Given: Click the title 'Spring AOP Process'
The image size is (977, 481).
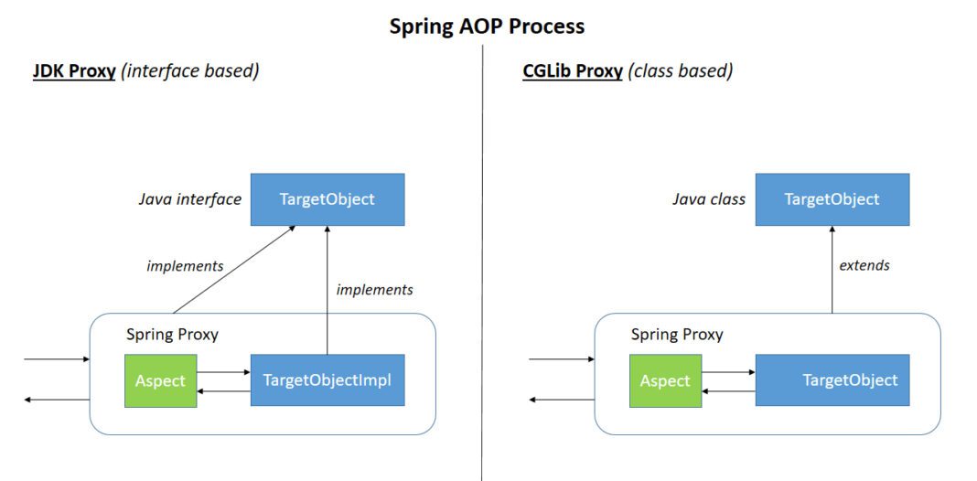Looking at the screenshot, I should [487, 26].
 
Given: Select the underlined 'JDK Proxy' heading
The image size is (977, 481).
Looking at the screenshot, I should [74, 71].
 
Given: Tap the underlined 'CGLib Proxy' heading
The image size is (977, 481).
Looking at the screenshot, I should [573, 71].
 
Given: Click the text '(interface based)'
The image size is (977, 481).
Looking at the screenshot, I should [190, 71].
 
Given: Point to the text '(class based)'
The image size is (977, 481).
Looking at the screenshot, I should [680, 71].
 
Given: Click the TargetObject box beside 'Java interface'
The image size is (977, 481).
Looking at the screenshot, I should [327, 199].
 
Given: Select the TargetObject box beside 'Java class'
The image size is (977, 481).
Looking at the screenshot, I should [832, 199].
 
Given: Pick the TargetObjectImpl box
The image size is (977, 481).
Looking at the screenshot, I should [327, 379].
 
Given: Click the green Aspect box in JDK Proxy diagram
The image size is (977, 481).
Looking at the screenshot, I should [160, 380].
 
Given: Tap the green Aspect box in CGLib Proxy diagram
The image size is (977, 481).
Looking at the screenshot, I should [665, 380].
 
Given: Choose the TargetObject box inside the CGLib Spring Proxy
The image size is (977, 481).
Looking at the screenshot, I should [832, 379].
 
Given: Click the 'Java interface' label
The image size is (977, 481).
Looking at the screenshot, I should [190, 199].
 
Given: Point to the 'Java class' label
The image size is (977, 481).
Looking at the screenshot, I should [709, 199].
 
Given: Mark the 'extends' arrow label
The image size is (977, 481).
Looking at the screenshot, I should [864, 265].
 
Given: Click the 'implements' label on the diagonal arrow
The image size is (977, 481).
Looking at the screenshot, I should [185, 266].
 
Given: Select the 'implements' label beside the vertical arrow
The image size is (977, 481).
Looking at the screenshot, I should [374, 290].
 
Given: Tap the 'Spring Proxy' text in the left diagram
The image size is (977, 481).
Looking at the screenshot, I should [172, 334].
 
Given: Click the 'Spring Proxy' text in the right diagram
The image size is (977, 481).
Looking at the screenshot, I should [677, 334].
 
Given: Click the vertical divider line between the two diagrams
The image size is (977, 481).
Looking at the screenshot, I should [482, 274].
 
